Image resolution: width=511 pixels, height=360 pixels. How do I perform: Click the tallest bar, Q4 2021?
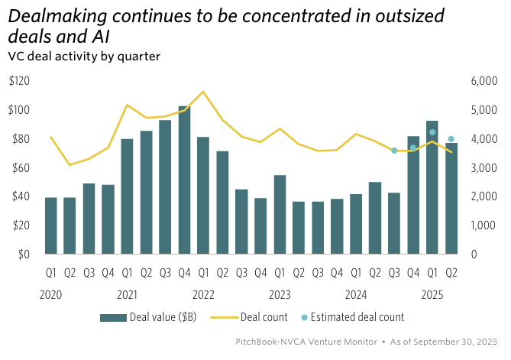[x=184, y=180]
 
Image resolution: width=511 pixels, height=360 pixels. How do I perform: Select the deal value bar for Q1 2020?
[x=51, y=225]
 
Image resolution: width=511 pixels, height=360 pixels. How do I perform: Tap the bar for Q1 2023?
[x=280, y=215]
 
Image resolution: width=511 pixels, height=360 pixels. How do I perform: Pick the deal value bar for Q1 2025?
[x=432, y=187]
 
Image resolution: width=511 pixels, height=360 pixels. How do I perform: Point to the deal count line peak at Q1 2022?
[x=203, y=92]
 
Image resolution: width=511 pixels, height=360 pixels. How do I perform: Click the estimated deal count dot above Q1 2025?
[x=432, y=132]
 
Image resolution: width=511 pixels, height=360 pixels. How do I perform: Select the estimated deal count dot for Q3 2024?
[x=394, y=151]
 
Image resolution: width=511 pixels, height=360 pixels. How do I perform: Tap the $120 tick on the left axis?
[x=20, y=81]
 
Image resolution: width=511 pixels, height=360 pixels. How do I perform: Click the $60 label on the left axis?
[x=21, y=167]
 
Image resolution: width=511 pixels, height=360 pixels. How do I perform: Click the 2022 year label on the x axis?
[x=203, y=294]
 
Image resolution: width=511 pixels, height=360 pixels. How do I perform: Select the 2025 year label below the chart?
[x=432, y=294]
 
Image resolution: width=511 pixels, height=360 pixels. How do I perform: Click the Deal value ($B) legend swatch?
[x=112, y=317]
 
